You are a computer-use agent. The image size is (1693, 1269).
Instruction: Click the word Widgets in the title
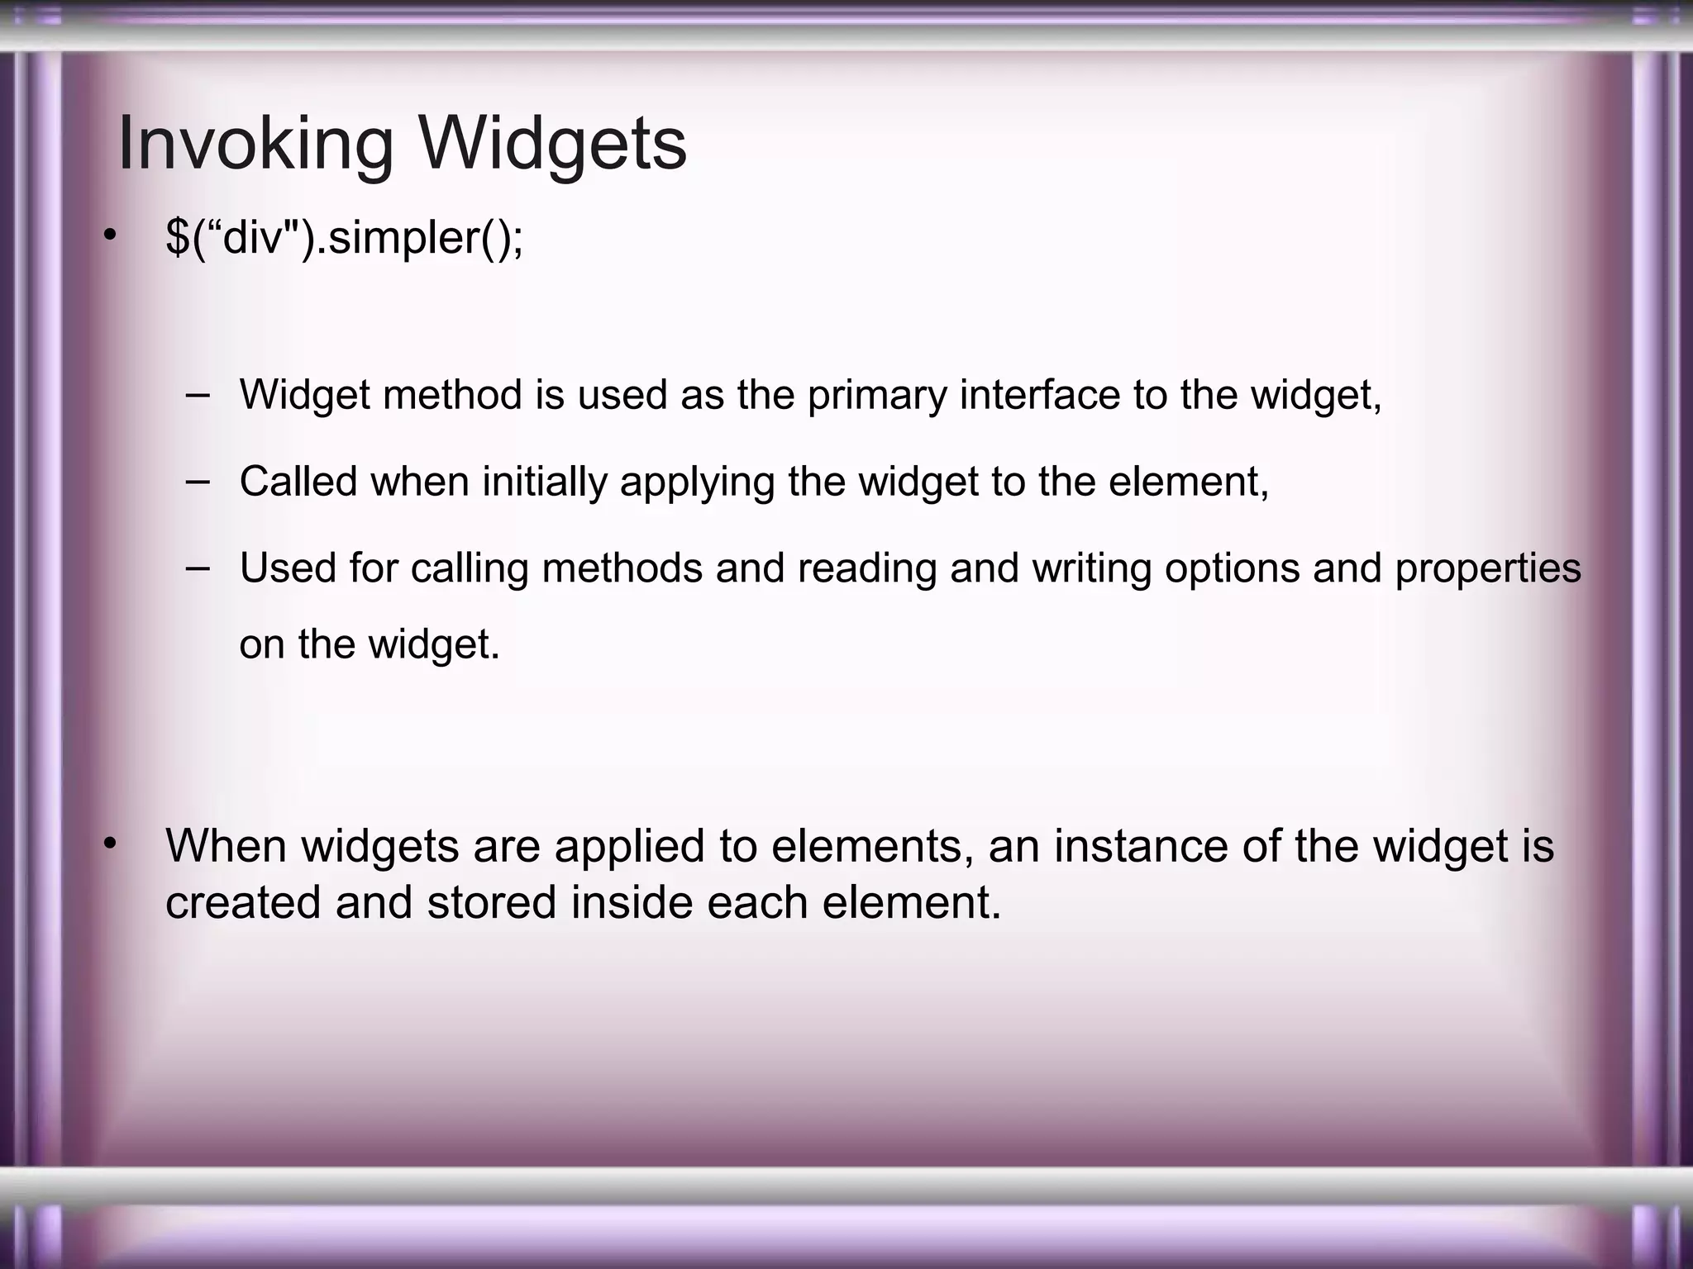[x=551, y=144]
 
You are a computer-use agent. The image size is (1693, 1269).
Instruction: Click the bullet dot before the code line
[x=109, y=238]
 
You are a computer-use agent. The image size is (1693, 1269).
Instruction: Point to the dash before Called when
[x=198, y=480]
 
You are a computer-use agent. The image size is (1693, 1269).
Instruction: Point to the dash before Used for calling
[x=198, y=568]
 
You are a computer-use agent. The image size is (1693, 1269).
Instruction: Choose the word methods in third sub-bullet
[x=622, y=568]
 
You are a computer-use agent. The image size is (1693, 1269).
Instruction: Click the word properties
[x=1487, y=568]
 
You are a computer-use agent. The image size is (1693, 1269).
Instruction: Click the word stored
[x=491, y=902]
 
